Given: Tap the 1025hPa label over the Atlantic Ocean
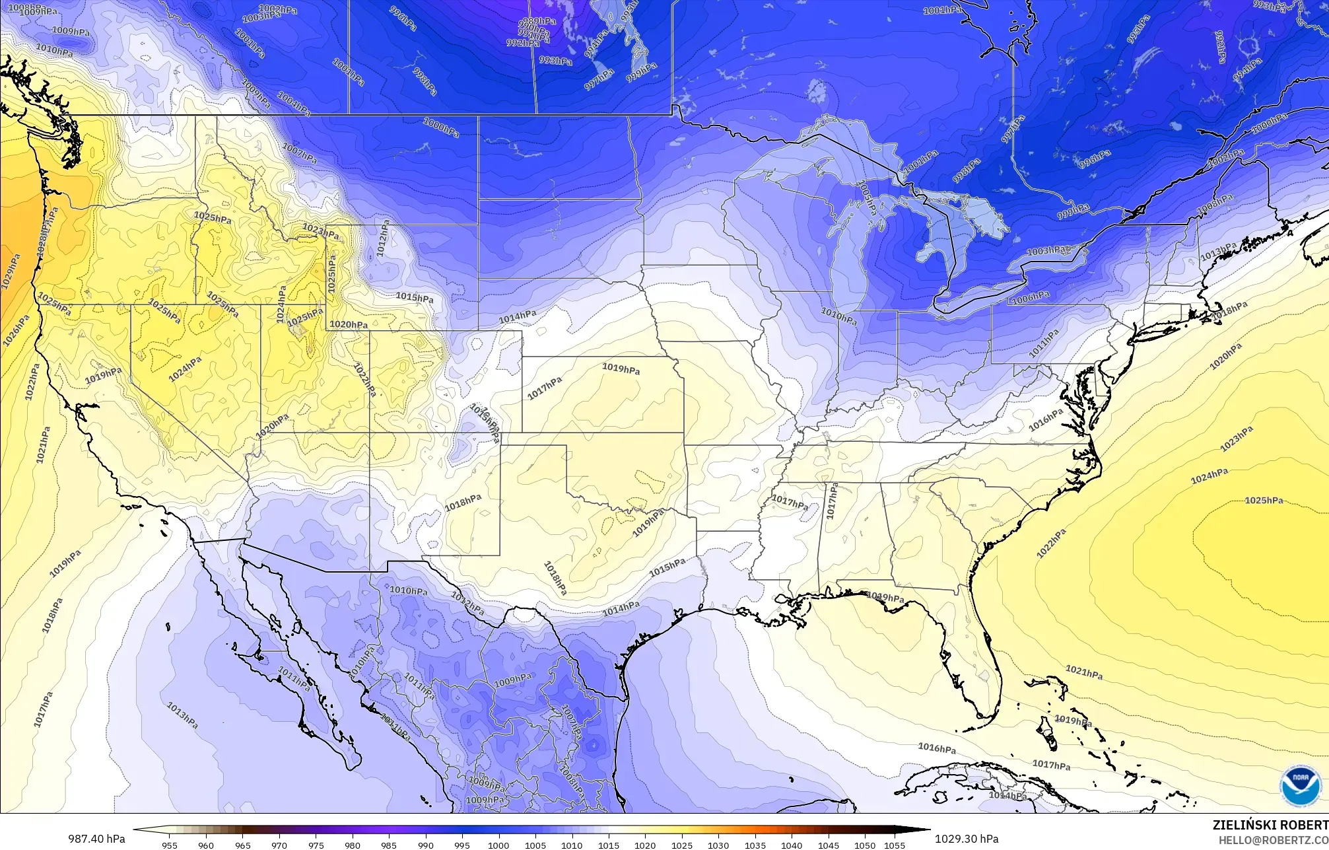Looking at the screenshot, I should click(1264, 501).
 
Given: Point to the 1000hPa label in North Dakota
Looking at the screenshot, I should click(441, 127).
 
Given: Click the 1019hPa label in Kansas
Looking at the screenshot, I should click(621, 369).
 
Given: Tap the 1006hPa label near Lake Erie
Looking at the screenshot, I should click(1030, 298).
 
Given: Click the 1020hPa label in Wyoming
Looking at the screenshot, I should click(349, 324).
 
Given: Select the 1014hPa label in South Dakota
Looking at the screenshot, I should click(517, 317).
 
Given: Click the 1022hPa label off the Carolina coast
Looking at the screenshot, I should click(1050, 544).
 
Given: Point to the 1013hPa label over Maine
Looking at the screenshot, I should click(1218, 252).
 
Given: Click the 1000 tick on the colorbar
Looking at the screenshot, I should click(498, 845).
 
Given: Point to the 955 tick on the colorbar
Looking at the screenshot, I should click(169, 845).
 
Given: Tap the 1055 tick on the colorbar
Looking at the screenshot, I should click(894, 845).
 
